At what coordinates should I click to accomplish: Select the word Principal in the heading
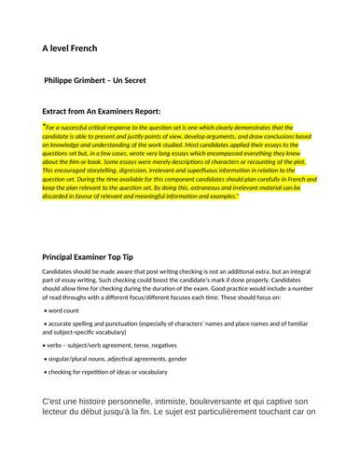pyautogui.click(x=63, y=255)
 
